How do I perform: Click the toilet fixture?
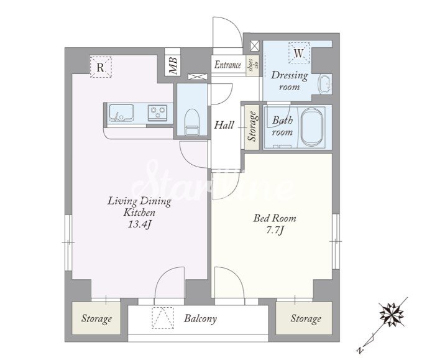coord(192,122)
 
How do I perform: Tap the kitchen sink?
coord(121,113)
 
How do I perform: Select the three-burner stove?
coord(158,113)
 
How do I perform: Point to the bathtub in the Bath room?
coord(312,127)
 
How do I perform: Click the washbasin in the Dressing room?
coord(325,84)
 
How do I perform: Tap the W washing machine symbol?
coord(299,53)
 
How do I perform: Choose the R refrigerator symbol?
coord(101,67)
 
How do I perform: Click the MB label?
coord(173,66)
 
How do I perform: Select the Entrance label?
coord(227,65)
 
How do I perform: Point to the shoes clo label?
coord(252,66)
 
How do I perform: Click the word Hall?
coord(224,125)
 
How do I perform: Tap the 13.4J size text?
coord(140,224)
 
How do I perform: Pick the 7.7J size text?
coord(275,231)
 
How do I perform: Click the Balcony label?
coord(200,318)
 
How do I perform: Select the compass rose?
coord(392,314)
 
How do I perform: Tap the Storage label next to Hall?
coord(252,127)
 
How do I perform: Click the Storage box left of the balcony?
coord(96,318)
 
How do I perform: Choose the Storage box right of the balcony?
coord(304,318)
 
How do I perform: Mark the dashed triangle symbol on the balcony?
coord(163,318)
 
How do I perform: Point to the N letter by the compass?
coord(360,350)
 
